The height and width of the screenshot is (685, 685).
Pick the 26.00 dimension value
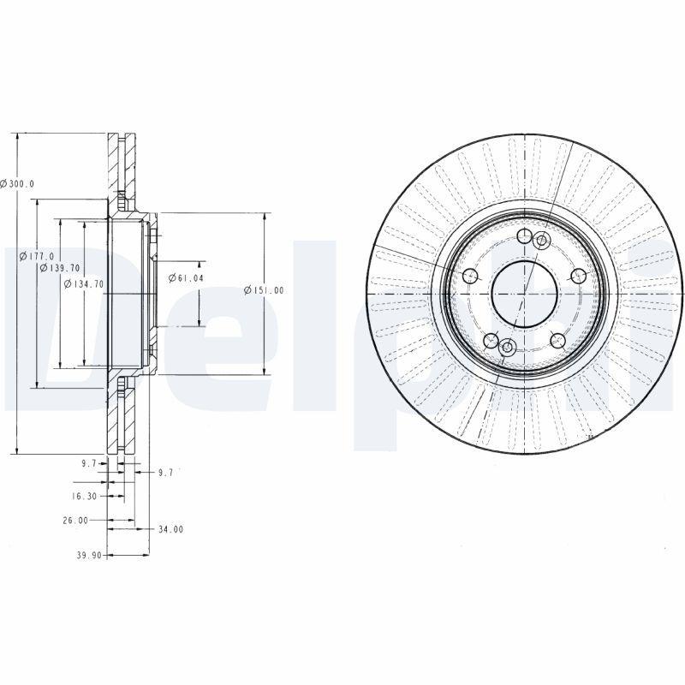(x=75, y=520)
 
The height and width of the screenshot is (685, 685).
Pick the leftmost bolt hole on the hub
(x=469, y=276)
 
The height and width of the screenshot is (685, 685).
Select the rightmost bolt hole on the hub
(x=578, y=275)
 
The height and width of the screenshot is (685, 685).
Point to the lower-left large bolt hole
(x=491, y=342)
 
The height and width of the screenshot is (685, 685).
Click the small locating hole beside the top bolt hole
(x=540, y=241)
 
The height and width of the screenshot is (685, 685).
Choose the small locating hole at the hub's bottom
(x=507, y=347)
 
